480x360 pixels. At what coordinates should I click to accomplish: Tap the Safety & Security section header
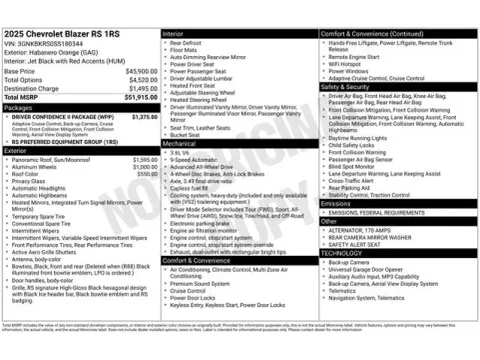(344, 86)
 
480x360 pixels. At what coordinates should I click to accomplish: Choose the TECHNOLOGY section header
(341, 253)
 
